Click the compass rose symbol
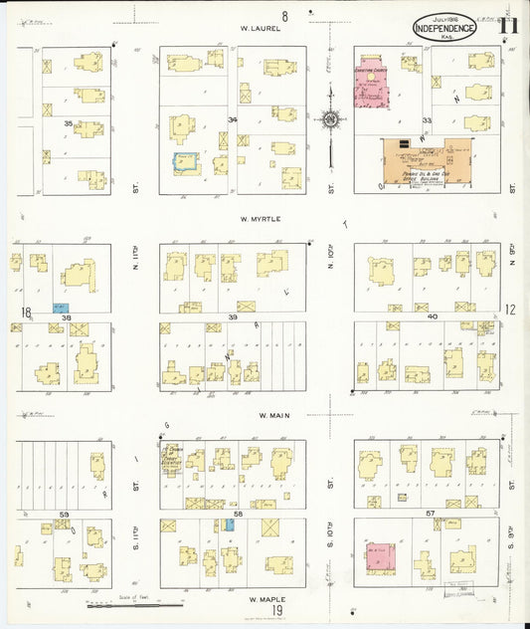(329, 121)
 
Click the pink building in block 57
(378, 556)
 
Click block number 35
(68, 123)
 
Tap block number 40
(433, 316)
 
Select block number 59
(64, 515)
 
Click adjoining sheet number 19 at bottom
(278, 610)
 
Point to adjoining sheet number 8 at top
(284, 15)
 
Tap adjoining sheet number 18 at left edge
(26, 312)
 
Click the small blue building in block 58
(230, 524)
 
